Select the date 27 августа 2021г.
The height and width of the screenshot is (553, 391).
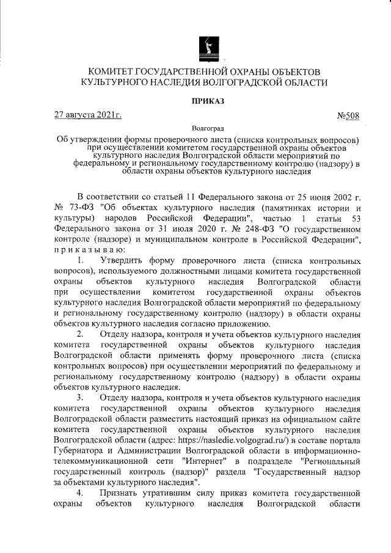pyautogui.click(x=88, y=115)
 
